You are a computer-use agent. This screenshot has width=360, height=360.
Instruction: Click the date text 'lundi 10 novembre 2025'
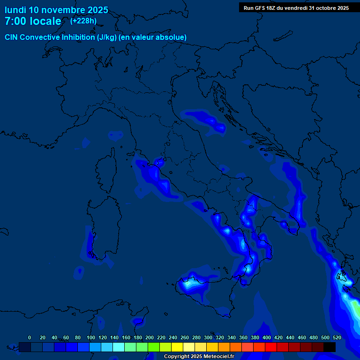[x=56, y=10]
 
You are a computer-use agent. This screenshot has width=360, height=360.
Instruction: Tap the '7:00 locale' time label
[x=33, y=21]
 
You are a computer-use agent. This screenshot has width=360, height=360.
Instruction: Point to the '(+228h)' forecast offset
[x=83, y=21]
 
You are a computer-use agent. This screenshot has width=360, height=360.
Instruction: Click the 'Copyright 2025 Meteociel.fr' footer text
[x=199, y=356]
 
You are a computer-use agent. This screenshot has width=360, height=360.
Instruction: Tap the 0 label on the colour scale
[x=30, y=337]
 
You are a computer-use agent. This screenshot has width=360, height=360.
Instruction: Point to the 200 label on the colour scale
[x=150, y=337]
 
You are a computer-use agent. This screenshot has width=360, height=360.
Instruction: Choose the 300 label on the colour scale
[x=208, y=337]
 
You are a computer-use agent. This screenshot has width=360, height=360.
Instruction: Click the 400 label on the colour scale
[x=267, y=337]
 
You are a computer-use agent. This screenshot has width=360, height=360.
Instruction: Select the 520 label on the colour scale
[x=337, y=337]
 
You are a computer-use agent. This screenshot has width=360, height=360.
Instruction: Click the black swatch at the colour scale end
[x=330, y=347]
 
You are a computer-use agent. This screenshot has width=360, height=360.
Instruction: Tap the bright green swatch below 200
[x=154, y=347]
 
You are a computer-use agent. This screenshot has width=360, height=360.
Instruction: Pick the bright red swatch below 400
[x=271, y=347]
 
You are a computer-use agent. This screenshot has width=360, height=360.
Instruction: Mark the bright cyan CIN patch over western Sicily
[x=189, y=283]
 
